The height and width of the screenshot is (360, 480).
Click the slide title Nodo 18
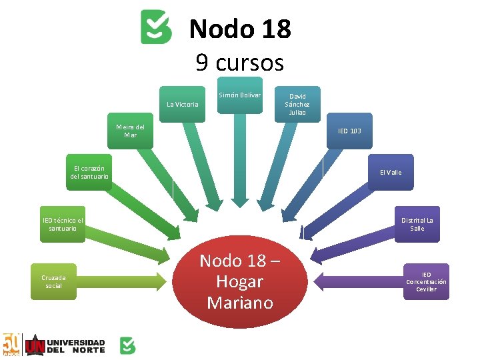coord(240,29)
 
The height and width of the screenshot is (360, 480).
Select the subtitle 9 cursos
coord(240,63)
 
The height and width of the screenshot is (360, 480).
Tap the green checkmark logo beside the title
coord(156,27)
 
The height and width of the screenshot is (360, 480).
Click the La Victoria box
coord(182,104)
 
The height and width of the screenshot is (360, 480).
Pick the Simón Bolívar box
coord(240,96)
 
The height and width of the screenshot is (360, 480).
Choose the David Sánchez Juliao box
coord(297,104)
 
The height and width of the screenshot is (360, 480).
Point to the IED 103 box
coord(349,131)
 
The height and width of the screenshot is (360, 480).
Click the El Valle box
coord(391,172)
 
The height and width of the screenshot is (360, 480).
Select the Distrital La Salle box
coord(417,224)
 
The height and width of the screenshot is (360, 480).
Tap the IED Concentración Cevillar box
coord(427,282)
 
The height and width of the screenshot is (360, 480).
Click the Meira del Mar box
coord(130,131)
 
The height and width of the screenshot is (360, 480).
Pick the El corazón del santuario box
coord(89,172)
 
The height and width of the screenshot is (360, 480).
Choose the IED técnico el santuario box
coord(63,224)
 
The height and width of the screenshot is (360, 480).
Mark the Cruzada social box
coord(53,282)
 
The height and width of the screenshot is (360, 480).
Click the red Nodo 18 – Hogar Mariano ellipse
coord(240,282)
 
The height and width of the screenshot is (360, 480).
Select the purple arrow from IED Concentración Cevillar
coord(360,281)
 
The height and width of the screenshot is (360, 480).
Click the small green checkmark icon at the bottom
coord(127,345)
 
